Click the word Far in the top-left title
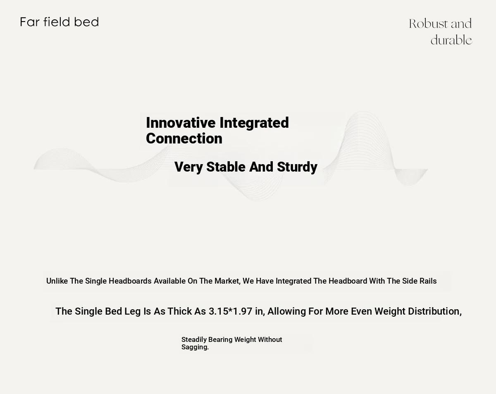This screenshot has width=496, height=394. (x=29, y=22)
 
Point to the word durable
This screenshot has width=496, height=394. (x=451, y=40)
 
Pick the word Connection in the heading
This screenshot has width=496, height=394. (x=184, y=138)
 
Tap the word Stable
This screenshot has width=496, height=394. (x=226, y=167)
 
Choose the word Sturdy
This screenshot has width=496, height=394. (x=297, y=167)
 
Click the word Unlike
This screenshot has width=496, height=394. (x=57, y=281)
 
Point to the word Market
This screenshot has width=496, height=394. (x=227, y=281)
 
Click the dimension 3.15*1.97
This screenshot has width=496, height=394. (x=231, y=311)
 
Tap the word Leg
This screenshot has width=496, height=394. (x=133, y=312)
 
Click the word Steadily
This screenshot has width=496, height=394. (x=194, y=340)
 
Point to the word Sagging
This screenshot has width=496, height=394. (x=195, y=347)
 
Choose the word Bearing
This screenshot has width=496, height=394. (x=220, y=340)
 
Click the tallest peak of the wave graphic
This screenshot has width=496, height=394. (x=363, y=112)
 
